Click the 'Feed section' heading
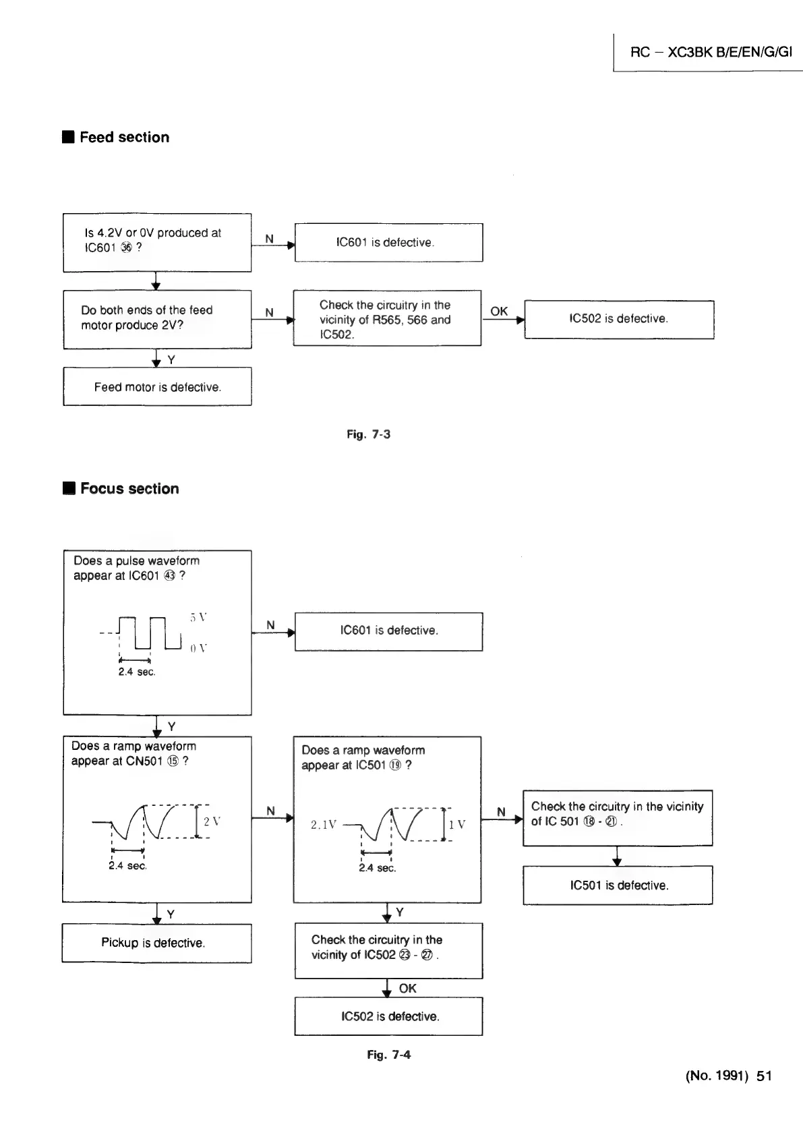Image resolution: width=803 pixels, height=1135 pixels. (124, 138)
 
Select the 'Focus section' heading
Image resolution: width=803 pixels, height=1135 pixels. (129, 489)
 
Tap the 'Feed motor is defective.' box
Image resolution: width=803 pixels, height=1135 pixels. (157, 387)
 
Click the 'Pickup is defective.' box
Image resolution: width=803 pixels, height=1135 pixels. (156, 943)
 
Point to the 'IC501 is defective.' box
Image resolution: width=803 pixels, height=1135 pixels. (618, 885)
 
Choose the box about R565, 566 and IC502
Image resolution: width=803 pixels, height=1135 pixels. (387, 319)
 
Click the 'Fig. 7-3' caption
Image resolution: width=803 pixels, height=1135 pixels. (368, 434)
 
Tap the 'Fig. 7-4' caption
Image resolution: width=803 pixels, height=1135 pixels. (388, 1055)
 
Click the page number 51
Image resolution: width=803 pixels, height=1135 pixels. (764, 1076)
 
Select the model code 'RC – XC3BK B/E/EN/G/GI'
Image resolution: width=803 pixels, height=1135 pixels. (711, 52)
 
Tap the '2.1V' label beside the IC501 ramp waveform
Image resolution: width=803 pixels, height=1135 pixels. (324, 825)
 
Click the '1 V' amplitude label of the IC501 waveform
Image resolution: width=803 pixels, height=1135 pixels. (457, 825)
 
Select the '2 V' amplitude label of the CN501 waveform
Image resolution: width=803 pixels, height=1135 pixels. (212, 821)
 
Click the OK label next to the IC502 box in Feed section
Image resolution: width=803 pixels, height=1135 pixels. (499, 311)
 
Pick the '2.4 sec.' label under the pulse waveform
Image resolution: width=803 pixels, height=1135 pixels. (137, 672)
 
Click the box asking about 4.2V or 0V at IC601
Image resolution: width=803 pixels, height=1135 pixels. (157, 243)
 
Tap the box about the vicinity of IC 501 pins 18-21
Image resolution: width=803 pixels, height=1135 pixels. (618, 818)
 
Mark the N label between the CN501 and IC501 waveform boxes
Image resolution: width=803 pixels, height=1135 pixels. (270, 811)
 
